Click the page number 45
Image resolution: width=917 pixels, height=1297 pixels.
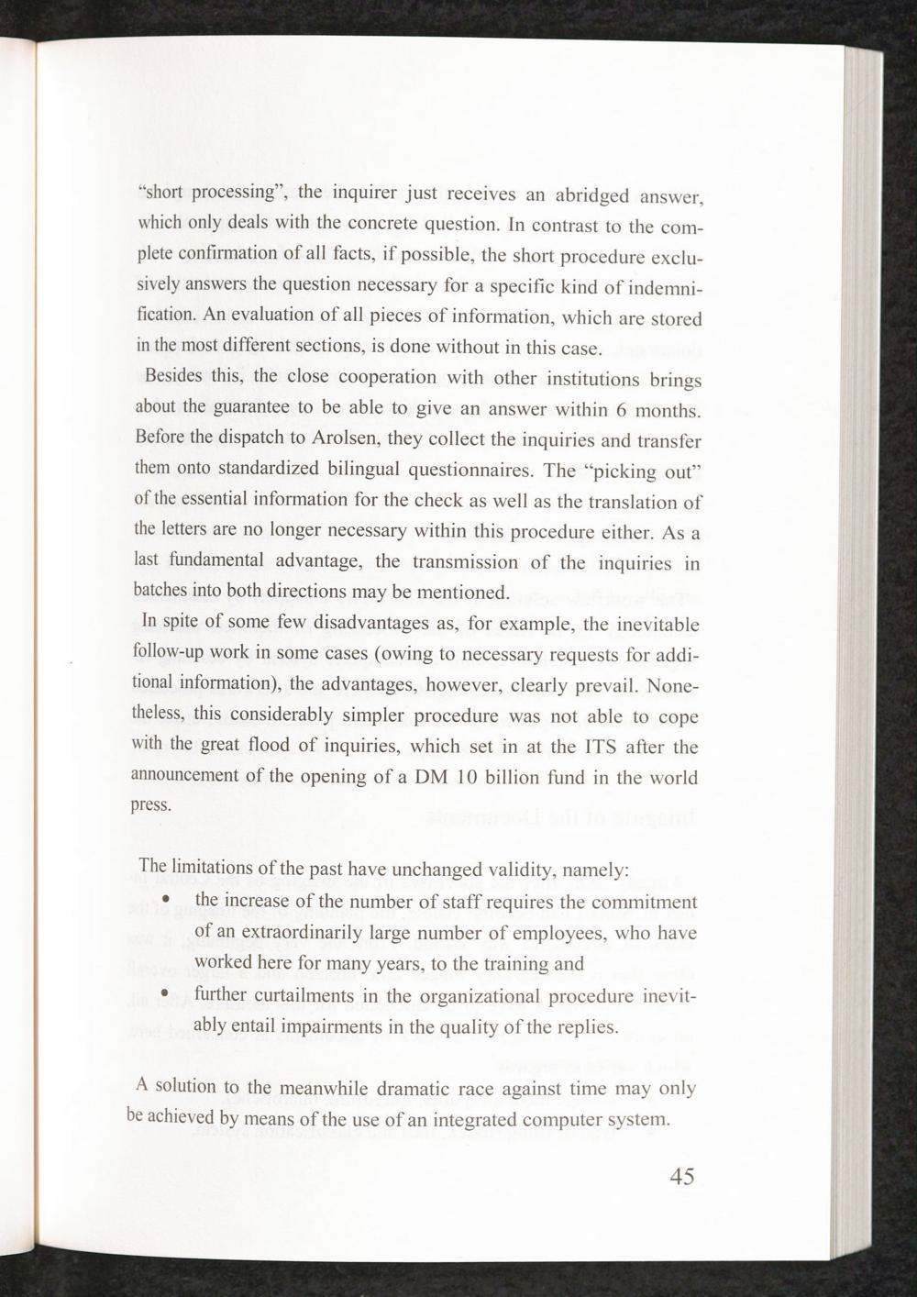681,1177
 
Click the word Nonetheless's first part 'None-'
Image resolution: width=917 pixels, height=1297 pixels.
674,686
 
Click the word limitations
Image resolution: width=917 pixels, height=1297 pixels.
217,868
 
